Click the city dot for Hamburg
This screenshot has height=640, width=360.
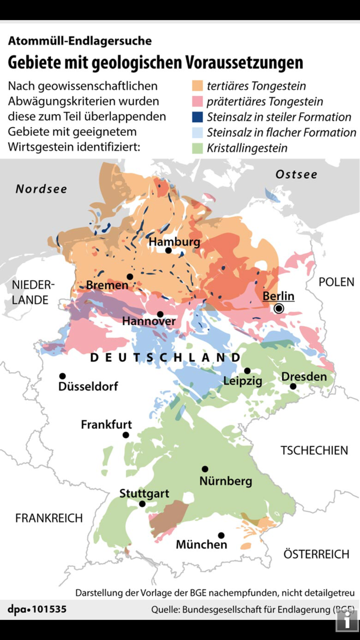click(x=168, y=251)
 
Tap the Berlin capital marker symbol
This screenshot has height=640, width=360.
click(x=279, y=309)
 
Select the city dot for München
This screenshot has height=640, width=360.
click(x=221, y=535)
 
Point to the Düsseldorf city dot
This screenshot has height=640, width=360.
click(x=62, y=376)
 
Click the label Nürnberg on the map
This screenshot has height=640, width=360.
click(x=226, y=482)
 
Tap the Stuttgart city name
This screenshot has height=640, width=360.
click(x=144, y=493)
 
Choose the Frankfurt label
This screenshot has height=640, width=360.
click(x=106, y=425)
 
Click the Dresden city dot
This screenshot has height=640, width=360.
click(x=293, y=386)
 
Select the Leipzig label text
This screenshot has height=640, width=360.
click(x=242, y=381)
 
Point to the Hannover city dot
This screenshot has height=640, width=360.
click(x=160, y=314)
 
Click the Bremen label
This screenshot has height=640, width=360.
click(x=107, y=285)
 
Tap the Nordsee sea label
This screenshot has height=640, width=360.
click(x=41, y=189)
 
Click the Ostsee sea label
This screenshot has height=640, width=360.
click(x=296, y=174)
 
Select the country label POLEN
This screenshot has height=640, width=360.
click(x=336, y=282)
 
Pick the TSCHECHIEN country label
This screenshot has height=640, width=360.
click(x=314, y=451)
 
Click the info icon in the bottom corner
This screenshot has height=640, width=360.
click(x=346, y=620)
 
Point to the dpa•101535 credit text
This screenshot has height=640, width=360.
click(x=37, y=610)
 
